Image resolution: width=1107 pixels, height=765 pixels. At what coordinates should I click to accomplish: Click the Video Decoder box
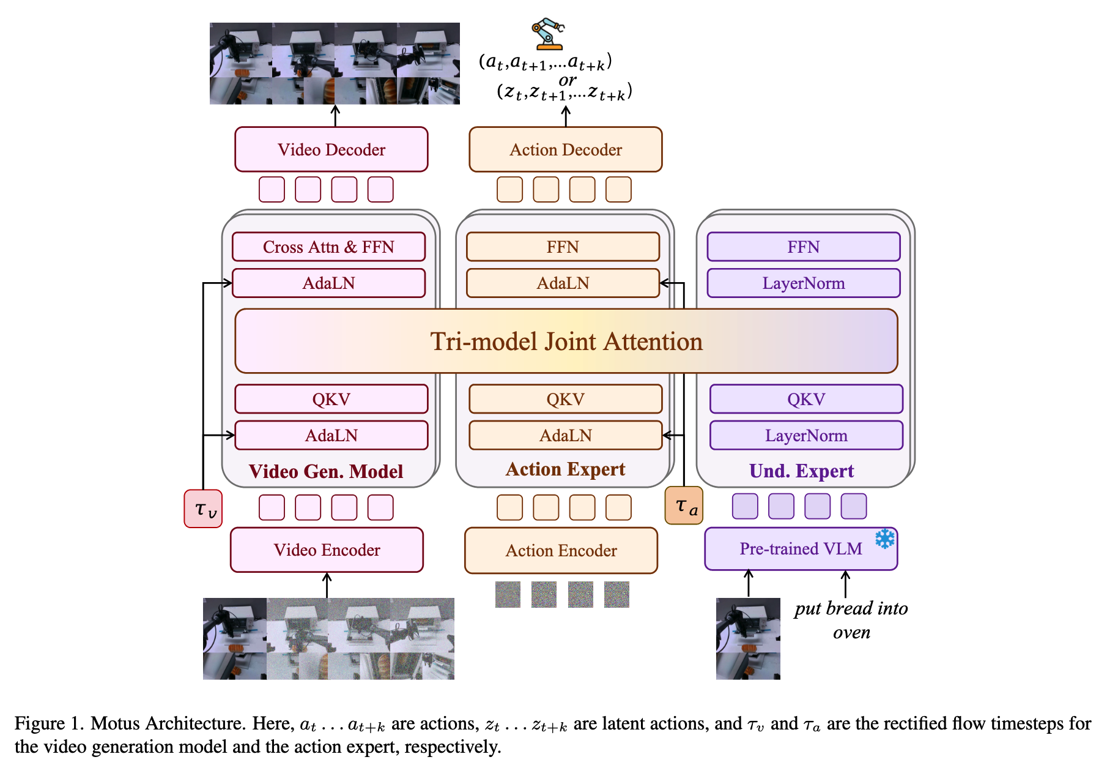pos(331,149)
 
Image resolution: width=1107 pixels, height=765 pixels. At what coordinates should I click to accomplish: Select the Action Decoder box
pos(566,149)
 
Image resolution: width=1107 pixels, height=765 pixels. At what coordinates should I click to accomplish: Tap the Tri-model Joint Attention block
pos(566,341)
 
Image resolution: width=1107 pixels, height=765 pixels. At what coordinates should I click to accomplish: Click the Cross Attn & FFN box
pos(328,247)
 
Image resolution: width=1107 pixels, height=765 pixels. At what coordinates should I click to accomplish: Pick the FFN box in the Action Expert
pos(563,247)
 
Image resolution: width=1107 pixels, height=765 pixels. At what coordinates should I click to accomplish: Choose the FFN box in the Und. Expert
pos(804,247)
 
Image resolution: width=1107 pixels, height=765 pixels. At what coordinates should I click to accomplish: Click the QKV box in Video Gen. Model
pos(331,399)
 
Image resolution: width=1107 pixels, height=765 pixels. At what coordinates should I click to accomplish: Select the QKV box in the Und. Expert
pos(806,399)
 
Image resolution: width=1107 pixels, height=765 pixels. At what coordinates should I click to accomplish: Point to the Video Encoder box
pos(327,550)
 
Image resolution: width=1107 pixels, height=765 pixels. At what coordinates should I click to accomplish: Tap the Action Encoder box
pos(561,550)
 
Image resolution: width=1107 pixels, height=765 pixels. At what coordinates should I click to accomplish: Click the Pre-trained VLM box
pos(801,549)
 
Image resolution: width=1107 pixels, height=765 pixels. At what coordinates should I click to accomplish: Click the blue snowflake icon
pos(884,539)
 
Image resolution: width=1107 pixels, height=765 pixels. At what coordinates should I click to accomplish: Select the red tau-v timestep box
pos(203,509)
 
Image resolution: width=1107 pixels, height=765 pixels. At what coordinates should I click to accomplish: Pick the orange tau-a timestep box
pos(684,506)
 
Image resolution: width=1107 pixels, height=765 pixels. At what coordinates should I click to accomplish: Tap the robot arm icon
pos(547,34)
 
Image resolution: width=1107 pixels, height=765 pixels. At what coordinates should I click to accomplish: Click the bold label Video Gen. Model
pos(326,471)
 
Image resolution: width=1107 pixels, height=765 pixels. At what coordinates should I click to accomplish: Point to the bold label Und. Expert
pos(801,471)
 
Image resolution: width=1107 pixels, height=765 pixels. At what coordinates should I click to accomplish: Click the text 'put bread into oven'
pos(851,620)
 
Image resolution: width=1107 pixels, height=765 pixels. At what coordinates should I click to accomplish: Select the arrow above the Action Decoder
pos(566,116)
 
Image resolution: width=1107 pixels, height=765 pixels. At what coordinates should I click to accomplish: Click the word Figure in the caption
pos(40,723)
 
